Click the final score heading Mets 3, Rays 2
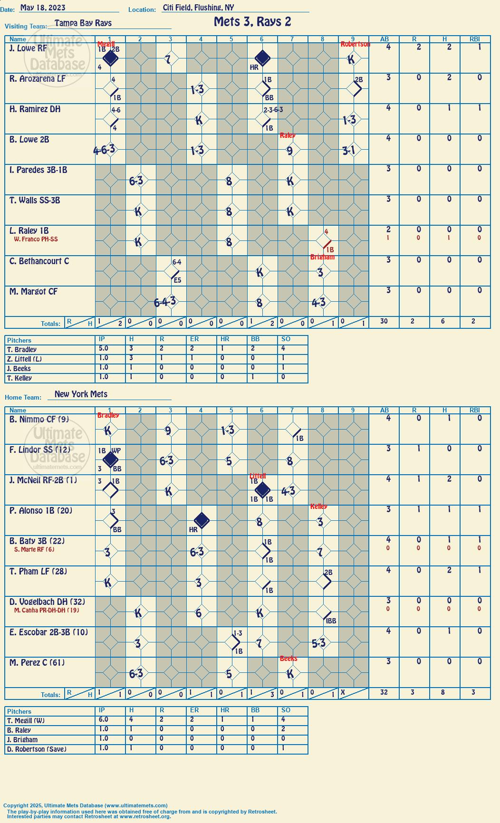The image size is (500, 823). click(x=252, y=22)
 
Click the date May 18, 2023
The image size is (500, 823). click(x=43, y=8)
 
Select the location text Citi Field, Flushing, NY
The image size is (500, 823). click(x=198, y=8)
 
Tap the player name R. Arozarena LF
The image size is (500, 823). click(x=38, y=79)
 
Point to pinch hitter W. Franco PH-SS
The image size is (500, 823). click(x=36, y=239)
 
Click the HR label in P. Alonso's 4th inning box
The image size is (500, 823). click(x=193, y=529)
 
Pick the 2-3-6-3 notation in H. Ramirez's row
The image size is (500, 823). click(x=273, y=110)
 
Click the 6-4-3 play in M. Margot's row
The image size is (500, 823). click(x=165, y=302)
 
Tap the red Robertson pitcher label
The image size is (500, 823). click(x=355, y=44)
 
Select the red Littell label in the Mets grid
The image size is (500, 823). click(x=258, y=476)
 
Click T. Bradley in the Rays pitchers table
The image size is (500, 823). click(x=22, y=350)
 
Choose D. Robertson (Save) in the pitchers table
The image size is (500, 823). click(x=37, y=749)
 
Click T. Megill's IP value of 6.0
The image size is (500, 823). click(x=103, y=720)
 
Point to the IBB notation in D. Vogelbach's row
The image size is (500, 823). click(x=331, y=621)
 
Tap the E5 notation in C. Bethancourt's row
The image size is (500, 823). click(x=177, y=280)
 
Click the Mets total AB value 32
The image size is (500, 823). click(x=384, y=692)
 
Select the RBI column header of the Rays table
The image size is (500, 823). click(x=475, y=39)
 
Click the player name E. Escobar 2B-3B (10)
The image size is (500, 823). click(x=48, y=632)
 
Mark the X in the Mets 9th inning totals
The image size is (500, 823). click(x=343, y=692)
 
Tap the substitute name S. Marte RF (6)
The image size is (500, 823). click(x=34, y=550)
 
